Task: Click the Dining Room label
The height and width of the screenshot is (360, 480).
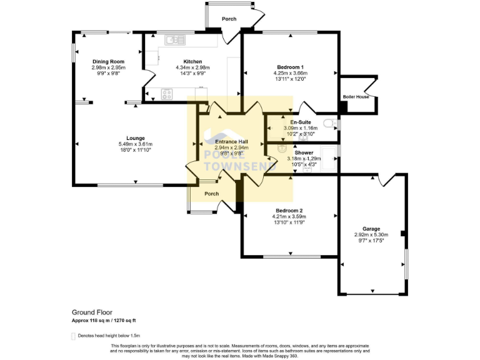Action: coord(108,61)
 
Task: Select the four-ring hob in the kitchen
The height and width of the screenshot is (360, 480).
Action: coord(167,94)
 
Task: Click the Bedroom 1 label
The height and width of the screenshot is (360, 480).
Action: coord(290,67)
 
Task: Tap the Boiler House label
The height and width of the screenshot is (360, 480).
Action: coord(356,97)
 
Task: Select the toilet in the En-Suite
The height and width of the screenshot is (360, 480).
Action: coord(331,123)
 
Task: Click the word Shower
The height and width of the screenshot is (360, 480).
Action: coord(304,152)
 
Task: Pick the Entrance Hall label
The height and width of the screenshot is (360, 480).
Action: coord(232,142)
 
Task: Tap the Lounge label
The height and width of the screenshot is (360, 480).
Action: coord(136,138)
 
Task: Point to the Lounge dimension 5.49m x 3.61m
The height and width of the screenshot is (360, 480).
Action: coord(136,144)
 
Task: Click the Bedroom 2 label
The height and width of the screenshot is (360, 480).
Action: coord(289,211)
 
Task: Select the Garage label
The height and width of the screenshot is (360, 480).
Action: coord(371,229)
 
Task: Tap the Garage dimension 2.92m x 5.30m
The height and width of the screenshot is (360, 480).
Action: coord(371,235)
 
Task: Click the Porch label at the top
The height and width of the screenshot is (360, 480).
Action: coord(229,19)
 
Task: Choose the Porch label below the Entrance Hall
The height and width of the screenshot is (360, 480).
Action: coord(212,194)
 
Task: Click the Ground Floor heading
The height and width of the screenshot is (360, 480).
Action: coord(92,312)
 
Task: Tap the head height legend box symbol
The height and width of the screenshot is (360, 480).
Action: coord(74,336)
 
